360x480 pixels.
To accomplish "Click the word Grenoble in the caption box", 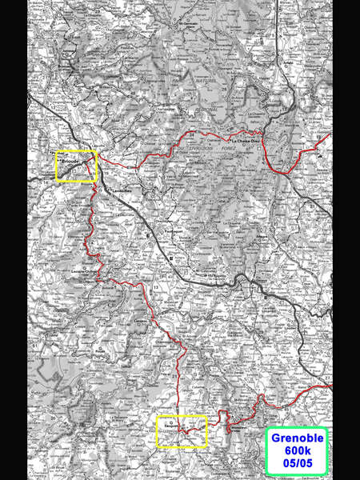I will [297, 439].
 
